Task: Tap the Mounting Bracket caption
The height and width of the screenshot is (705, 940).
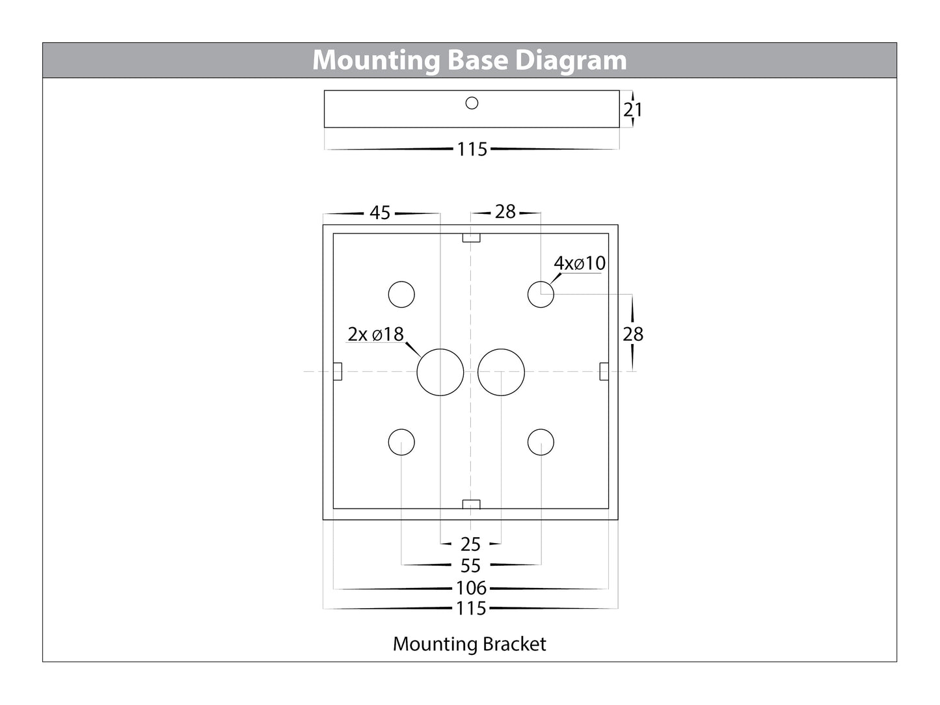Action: pos(469,644)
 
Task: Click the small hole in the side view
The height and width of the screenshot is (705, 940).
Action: pos(472,103)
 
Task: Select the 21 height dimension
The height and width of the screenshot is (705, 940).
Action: pos(632,110)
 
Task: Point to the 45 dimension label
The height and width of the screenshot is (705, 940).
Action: pos(380,213)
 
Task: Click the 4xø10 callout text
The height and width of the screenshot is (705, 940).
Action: pos(580,263)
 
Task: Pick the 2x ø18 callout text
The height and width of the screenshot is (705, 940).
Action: pos(375,334)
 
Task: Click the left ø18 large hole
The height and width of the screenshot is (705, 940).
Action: pos(440,372)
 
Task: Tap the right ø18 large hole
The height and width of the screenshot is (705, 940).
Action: pos(501,372)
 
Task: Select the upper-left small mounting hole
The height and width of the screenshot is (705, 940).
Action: pos(401,294)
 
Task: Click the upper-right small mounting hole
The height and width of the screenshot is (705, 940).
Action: pos(541,294)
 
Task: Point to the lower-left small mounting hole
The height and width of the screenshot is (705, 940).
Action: pos(401,442)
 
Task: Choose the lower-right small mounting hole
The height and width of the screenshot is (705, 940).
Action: pos(541,442)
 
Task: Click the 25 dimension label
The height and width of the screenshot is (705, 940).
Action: pos(470,544)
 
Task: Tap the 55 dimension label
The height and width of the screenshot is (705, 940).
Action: pos(470,566)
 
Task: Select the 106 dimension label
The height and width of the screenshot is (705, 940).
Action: pos(471,588)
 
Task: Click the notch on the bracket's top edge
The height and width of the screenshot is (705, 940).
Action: pos(471,238)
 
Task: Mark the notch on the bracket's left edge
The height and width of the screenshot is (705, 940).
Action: pos(338,371)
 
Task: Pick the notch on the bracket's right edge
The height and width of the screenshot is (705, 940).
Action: pos(604,371)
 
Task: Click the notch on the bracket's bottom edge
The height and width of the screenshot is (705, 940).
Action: pos(471,504)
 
